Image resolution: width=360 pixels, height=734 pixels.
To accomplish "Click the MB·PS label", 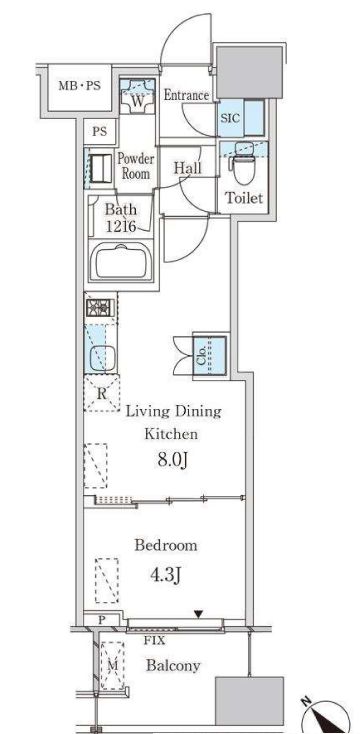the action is (x=79, y=86).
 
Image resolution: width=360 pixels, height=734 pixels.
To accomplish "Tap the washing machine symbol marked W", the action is (x=137, y=96).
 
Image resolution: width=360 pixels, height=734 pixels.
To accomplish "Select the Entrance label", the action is (x=186, y=95).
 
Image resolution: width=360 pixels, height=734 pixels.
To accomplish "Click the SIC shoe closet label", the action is (x=230, y=118).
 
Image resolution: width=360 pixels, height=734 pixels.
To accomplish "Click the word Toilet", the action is (x=244, y=198).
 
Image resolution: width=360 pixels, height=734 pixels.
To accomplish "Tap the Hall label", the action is (x=188, y=168).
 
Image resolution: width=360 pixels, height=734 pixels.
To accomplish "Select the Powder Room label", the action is (x=136, y=166).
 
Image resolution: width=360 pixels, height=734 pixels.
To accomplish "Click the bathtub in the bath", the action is (x=122, y=262).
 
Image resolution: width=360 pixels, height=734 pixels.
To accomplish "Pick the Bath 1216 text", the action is (x=121, y=219).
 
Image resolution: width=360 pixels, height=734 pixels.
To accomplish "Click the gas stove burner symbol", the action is (x=100, y=308).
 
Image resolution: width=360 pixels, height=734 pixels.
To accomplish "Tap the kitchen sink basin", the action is (x=101, y=358).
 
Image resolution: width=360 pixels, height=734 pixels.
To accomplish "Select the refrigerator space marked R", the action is (x=102, y=393).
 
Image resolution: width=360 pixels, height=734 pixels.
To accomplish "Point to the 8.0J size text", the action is (x=172, y=461).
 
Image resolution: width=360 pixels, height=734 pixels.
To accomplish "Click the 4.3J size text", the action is (x=165, y=575).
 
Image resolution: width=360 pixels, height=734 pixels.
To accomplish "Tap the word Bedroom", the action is (x=166, y=545).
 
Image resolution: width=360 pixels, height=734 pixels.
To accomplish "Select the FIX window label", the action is (x=155, y=641).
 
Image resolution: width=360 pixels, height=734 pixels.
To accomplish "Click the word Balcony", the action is (x=173, y=666).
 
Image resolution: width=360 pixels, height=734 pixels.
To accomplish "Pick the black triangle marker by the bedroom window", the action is (x=199, y=614).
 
